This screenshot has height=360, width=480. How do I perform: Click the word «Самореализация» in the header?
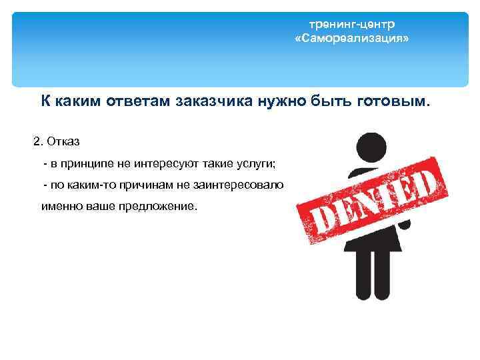[x=352, y=39]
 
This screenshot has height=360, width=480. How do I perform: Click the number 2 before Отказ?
[x=37, y=141]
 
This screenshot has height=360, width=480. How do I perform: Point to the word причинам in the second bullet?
[x=126, y=185]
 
